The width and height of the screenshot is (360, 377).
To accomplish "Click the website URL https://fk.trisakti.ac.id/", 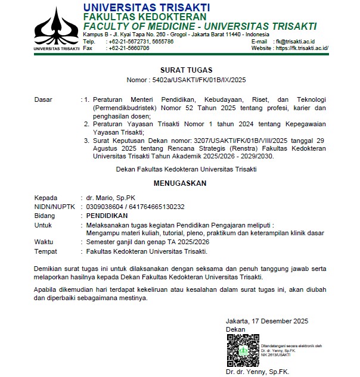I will [302, 48].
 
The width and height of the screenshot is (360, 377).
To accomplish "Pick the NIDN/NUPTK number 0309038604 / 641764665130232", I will [135, 206].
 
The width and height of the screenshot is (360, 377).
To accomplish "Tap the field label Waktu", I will [44, 242].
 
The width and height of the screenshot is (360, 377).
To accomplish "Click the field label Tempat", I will [45, 251].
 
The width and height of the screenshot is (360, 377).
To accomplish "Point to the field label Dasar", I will [43, 99].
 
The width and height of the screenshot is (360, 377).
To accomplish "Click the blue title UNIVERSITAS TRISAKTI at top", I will [146, 7].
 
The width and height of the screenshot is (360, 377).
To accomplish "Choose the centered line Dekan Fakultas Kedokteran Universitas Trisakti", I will [187, 170].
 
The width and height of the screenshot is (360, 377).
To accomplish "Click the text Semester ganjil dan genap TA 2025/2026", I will [148, 242].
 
